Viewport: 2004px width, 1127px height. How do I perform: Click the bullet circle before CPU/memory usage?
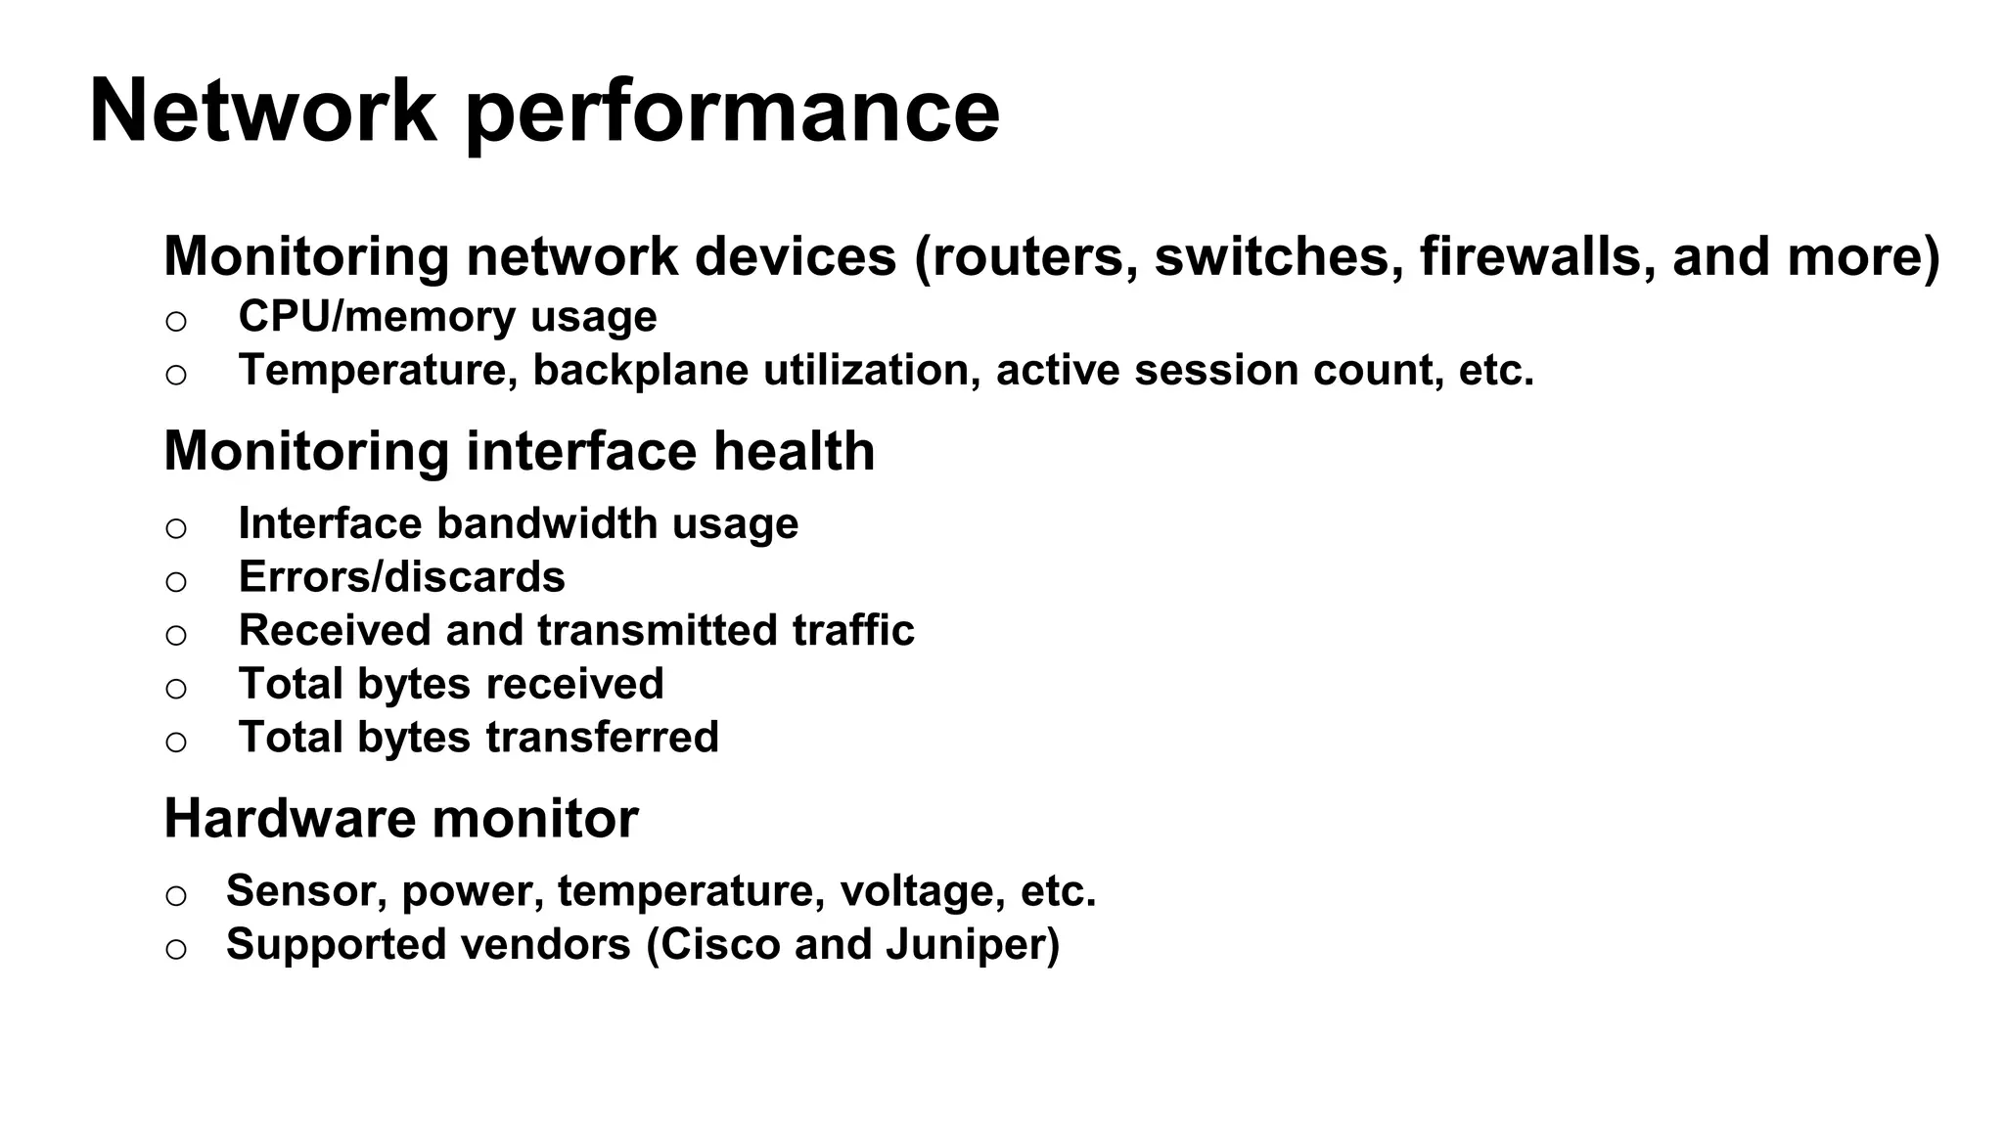tap(176, 321)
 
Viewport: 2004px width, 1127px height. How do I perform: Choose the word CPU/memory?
tap(377, 317)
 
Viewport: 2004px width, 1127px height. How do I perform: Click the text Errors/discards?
tap(401, 577)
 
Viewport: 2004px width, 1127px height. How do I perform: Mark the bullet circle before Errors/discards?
tap(176, 582)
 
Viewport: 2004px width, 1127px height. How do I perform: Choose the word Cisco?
tap(720, 944)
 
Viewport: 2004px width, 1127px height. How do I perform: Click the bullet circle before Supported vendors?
tap(176, 949)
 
